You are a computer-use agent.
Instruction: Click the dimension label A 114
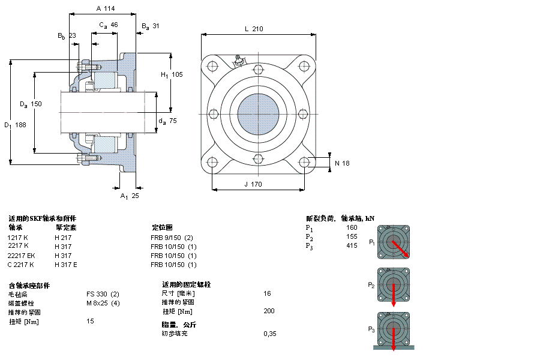[x=105, y=8]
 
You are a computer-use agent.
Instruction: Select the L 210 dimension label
[x=254, y=29]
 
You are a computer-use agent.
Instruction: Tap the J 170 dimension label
[x=253, y=184]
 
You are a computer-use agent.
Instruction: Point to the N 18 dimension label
[x=342, y=163]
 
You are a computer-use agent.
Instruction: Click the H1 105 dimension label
[x=171, y=74]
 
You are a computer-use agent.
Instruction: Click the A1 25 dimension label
[x=129, y=196]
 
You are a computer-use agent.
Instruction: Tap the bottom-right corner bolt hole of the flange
[x=304, y=162]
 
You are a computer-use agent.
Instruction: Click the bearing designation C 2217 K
[x=21, y=265]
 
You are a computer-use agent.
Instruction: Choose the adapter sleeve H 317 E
[x=66, y=265]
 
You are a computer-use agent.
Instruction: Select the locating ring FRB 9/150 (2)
[x=172, y=238]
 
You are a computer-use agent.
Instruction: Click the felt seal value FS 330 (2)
[x=103, y=294]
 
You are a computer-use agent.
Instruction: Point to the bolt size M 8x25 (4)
[x=103, y=302]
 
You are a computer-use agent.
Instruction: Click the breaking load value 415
[x=352, y=246]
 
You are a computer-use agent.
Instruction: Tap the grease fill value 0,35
[x=270, y=334]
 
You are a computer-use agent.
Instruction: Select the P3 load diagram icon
[x=393, y=329]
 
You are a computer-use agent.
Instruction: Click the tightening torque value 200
[x=269, y=311]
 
